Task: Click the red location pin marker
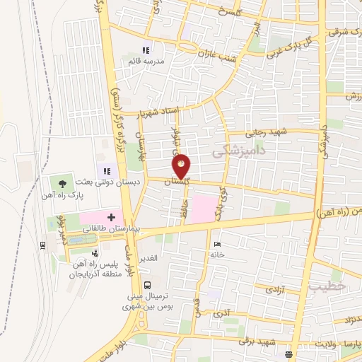182,166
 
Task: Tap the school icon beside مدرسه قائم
146,50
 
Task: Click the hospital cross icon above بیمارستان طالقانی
110,215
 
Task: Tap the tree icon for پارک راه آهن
63,182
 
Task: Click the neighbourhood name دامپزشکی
238,151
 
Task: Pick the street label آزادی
272,290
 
